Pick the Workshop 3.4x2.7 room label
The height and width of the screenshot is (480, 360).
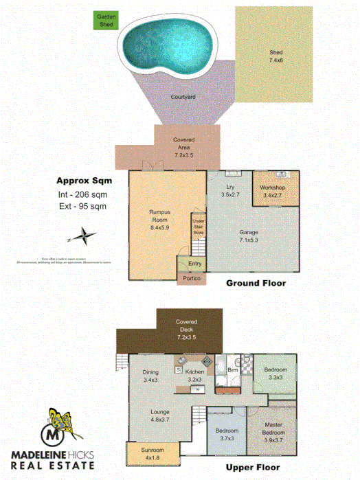point(273,192)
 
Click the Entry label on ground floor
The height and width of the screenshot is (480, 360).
point(194,264)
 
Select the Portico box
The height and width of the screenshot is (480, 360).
point(190,279)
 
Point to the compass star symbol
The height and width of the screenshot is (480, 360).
point(82,237)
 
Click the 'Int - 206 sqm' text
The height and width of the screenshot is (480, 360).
point(80,194)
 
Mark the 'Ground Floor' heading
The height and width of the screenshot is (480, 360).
point(256,283)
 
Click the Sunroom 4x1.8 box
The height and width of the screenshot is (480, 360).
point(153,454)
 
